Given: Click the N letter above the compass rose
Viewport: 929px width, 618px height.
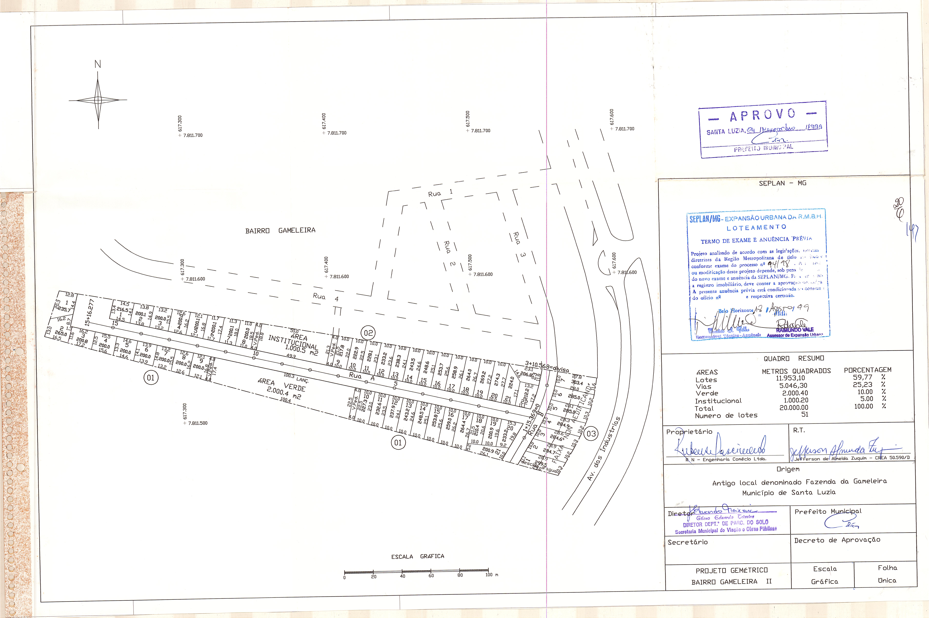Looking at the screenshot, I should pos(98,64).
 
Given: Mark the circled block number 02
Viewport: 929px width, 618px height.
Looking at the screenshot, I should pos(368,333).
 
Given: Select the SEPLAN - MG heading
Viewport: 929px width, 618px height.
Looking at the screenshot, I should pos(782,183).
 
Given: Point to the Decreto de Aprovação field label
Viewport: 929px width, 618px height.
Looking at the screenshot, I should pos(837,540).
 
